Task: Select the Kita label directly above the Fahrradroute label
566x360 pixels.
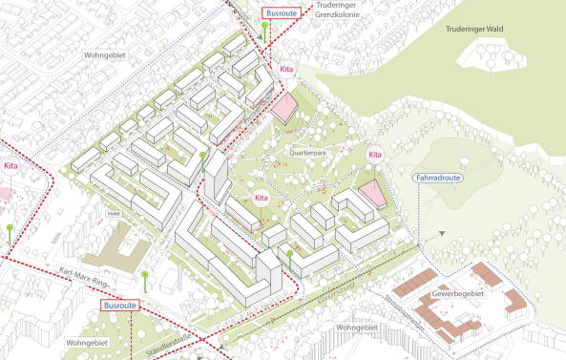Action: point(375,154)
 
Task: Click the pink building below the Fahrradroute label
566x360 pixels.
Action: point(372,194)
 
